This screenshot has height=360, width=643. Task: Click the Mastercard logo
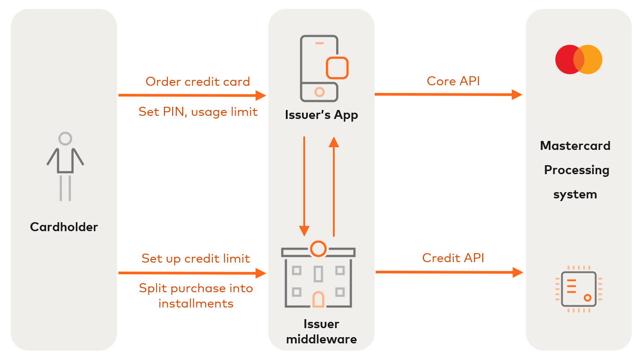(578, 59)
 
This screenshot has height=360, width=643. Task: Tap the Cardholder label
(64, 227)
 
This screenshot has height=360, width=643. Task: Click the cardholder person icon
(66, 166)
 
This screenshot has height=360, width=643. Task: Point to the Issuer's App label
(321, 115)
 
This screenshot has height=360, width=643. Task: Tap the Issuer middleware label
(321, 331)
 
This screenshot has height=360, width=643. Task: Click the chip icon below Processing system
(579, 289)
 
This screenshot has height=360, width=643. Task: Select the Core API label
(453, 81)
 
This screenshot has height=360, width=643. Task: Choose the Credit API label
(453, 258)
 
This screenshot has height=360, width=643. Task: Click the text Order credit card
(198, 82)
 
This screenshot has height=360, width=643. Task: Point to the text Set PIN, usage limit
(198, 111)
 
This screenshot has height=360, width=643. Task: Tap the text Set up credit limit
(196, 259)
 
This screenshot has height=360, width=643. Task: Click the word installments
(196, 303)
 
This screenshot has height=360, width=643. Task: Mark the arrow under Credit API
(449, 272)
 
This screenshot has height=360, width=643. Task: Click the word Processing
(576, 170)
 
